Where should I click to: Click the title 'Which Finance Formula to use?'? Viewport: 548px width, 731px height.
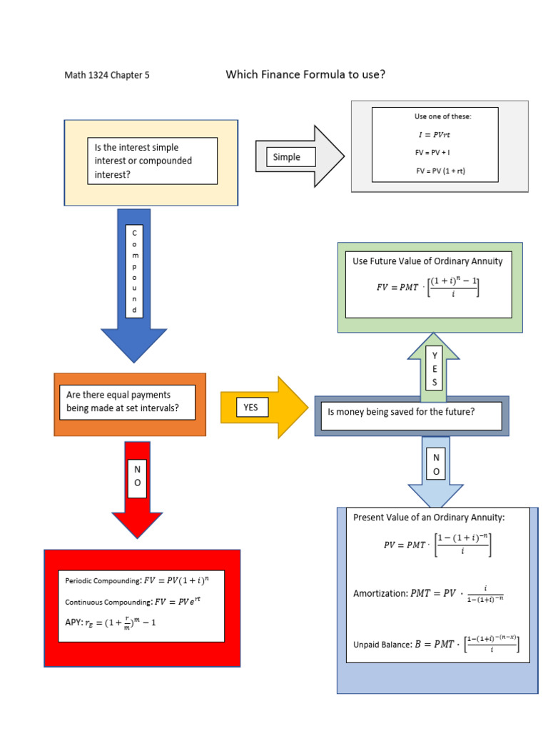(305, 74)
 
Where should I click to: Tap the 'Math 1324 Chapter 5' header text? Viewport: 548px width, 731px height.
(107, 75)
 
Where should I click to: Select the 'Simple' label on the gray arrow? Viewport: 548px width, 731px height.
(287, 157)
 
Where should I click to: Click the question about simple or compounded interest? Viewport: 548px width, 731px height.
(152, 161)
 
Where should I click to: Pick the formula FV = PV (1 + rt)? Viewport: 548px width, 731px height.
(440, 171)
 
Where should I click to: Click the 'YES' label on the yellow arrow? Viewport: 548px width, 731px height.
(250, 407)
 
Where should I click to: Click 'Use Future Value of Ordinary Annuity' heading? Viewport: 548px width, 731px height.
(427, 261)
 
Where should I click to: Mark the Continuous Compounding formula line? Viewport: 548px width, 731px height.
(133, 601)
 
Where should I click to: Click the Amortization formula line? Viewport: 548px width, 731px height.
(428, 594)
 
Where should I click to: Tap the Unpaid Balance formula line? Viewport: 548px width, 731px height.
(436, 644)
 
